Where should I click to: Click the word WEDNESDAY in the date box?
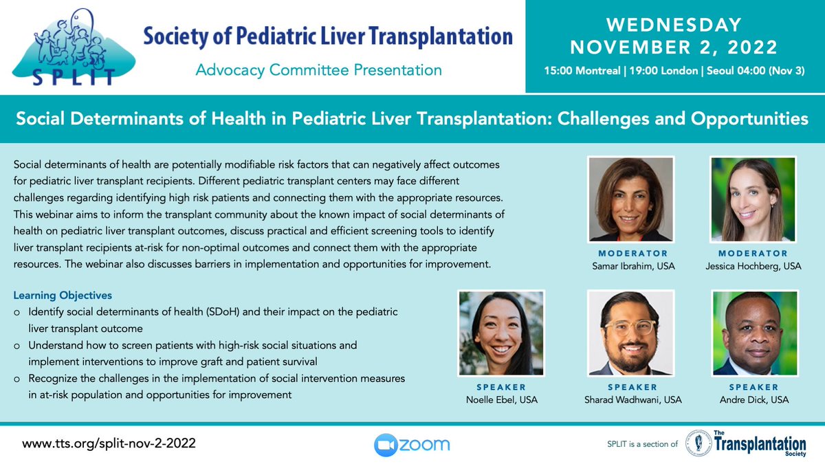(x=674, y=25)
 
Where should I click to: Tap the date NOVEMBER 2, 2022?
(x=674, y=48)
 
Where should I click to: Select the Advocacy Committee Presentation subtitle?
(x=318, y=69)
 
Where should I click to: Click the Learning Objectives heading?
(x=63, y=296)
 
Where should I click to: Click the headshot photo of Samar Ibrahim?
(x=630, y=199)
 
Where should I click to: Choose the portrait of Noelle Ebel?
(x=501, y=333)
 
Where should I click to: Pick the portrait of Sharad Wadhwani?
(x=630, y=333)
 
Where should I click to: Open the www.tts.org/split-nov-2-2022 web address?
(x=109, y=444)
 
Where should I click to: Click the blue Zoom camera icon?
(x=386, y=445)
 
